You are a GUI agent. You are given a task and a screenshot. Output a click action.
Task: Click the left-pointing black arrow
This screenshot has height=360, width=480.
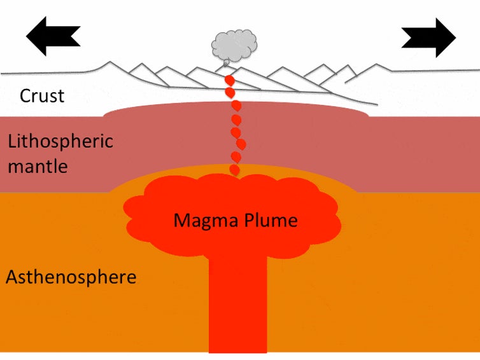[x=53, y=36]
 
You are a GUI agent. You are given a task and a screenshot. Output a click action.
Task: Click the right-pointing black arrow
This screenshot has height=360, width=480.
[x=428, y=38]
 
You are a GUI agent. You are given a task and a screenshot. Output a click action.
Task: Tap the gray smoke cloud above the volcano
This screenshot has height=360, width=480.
[x=234, y=45]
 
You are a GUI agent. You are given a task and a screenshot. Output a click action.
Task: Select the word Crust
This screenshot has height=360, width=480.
[x=42, y=96]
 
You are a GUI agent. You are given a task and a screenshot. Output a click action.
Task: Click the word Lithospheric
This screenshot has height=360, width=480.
[x=60, y=141]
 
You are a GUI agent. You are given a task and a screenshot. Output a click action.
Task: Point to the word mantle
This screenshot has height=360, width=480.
[x=38, y=167]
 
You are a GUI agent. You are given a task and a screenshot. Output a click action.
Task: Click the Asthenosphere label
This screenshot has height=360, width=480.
[x=71, y=277]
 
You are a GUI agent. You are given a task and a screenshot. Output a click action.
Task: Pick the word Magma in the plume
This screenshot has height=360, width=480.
[x=206, y=221]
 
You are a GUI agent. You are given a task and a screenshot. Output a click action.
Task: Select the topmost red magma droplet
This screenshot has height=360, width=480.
[x=230, y=81]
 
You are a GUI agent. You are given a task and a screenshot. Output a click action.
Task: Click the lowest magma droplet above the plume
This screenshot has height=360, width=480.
[x=234, y=170]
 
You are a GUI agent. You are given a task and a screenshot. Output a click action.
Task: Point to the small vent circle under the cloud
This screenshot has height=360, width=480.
[x=226, y=64]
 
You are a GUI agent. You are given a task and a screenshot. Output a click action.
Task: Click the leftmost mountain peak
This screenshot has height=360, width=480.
[x=109, y=62]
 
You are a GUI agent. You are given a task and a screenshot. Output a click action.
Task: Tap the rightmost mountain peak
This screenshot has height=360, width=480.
[x=376, y=64]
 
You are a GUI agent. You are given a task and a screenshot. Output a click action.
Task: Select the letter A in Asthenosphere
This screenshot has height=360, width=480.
[x=13, y=277]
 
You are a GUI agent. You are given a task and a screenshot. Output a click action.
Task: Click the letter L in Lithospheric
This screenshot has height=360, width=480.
[x=11, y=141]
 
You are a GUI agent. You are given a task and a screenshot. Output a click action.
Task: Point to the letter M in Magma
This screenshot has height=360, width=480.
[x=182, y=220]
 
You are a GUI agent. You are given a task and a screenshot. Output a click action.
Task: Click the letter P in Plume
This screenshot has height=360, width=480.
[x=248, y=219]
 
